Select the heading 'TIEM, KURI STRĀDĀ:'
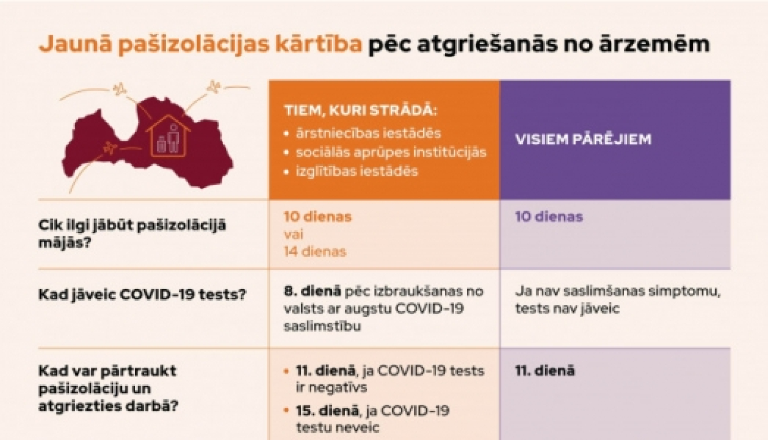coord(361,111)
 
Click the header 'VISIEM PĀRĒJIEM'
coord(583,139)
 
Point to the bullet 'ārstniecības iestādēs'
coord(368,134)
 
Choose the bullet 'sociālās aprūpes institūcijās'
coord(391,152)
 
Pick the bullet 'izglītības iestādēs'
coord(357,171)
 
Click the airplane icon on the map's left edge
coord(110,148)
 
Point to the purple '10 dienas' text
coord(549,217)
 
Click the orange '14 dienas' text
coord(315,252)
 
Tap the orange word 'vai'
coord(293,234)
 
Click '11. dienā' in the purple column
coord(545,371)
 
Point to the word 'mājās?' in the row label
coord(65,243)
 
